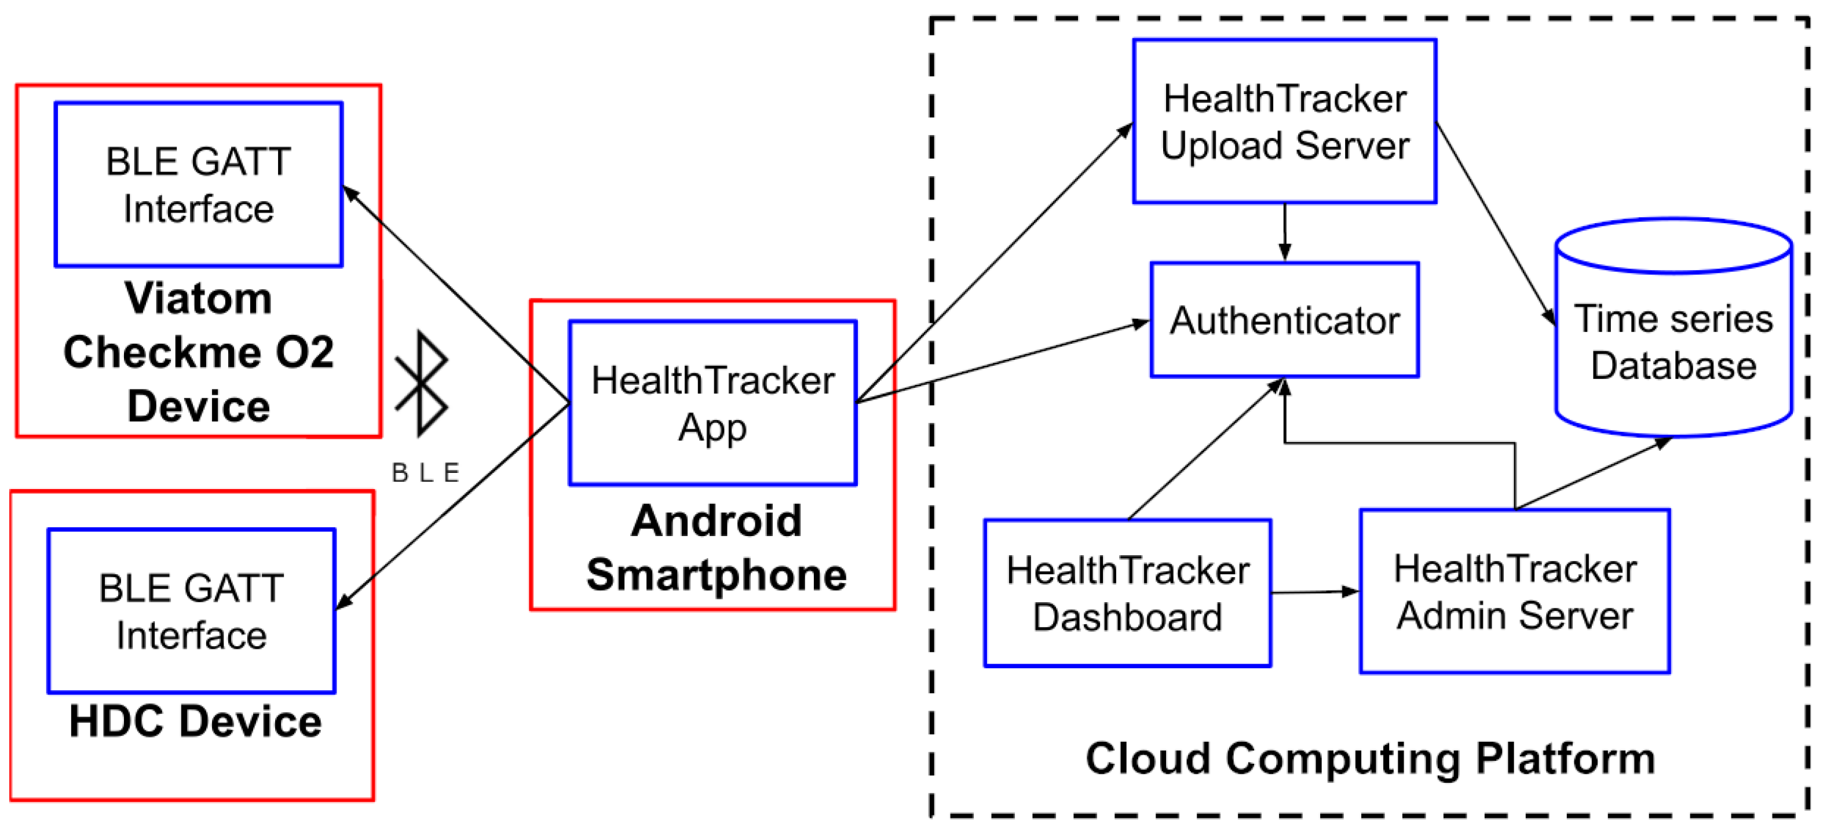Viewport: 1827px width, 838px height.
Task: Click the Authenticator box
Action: coord(1284,320)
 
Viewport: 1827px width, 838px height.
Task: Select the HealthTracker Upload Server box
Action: coord(1284,121)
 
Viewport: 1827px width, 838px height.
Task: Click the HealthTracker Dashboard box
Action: coord(1127,593)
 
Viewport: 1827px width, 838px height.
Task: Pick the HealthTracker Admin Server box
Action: coord(1514,591)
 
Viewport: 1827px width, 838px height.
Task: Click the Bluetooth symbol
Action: coord(421,383)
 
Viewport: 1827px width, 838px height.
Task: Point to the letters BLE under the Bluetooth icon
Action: coord(426,472)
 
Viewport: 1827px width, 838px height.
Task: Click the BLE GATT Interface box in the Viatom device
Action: coord(199,184)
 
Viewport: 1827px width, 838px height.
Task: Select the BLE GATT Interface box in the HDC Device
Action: coord(192,611)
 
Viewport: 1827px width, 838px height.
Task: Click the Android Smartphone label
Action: coord(717,547)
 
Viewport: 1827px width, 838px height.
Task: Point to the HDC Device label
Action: coord(195,722)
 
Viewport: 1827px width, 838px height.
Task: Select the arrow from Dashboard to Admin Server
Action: coord(1314,592)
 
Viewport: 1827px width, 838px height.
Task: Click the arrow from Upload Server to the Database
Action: coord(1495,224)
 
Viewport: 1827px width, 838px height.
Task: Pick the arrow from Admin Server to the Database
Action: coord(1592,474)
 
